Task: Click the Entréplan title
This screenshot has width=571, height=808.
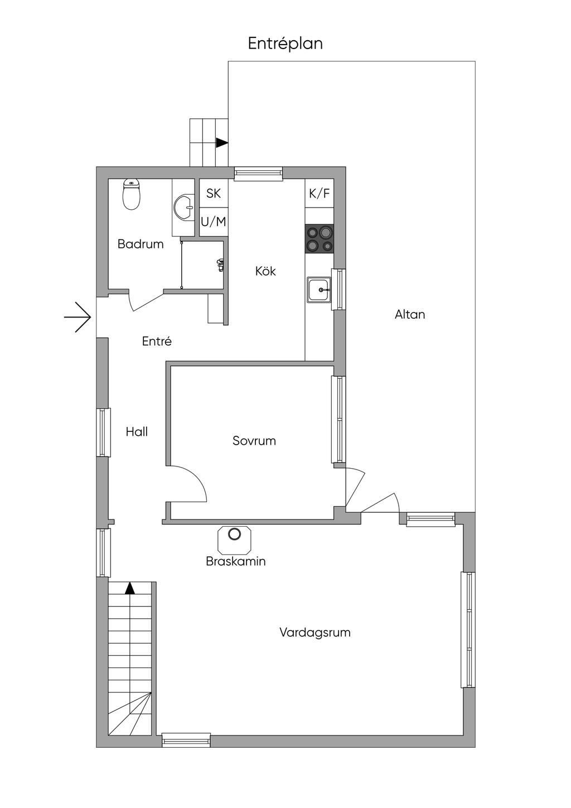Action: [285, 44]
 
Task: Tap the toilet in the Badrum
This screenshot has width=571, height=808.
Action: [131, 195]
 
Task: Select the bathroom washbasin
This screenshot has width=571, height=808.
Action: [183, 207]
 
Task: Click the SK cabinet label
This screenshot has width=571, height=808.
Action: [214, 193]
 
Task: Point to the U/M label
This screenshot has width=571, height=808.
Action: [214, 222]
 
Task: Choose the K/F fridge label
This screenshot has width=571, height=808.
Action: [320, 194]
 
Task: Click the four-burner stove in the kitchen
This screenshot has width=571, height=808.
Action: [319, 238]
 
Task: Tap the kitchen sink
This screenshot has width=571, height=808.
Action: [319, 290]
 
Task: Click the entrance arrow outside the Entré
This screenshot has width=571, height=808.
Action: [78, 317]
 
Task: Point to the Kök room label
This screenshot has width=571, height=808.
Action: [265, 271]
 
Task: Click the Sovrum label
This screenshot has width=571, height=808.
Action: [254, 441]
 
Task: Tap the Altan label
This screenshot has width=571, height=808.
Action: [410, 315]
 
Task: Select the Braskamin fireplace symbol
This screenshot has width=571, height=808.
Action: [235, 535]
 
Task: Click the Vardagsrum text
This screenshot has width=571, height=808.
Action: [314, 633]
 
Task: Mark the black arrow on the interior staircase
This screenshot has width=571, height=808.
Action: [130, 588]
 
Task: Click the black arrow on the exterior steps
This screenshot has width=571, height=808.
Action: [222, 143]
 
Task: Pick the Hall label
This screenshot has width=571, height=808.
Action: [137, 432]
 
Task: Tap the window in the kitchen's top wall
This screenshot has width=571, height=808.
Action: [258, 173]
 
